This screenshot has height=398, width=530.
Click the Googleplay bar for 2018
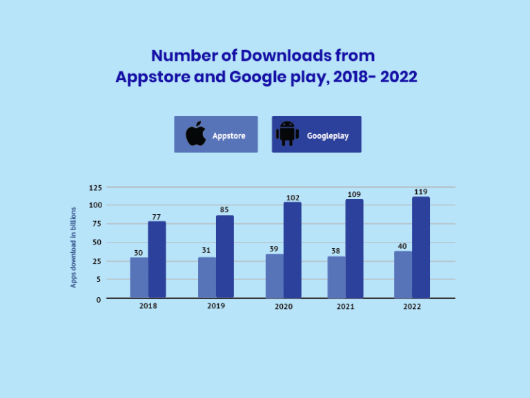tap(157, 259)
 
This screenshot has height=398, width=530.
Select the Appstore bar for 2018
tap(139, 278)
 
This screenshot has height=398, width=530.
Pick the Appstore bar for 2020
tap(275, 276)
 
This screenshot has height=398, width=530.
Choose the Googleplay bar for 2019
tap(225, 256)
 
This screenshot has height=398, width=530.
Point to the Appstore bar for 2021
tap(336, 277)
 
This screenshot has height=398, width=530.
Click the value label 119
tap(421, 191)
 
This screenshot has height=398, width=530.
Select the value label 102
tap(293, 198)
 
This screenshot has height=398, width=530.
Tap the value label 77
tap(157, 216)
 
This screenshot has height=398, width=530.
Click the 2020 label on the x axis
tap(283, 305)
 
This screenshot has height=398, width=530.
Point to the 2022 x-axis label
tap(412, 306)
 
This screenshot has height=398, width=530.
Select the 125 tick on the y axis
tap(95, 187)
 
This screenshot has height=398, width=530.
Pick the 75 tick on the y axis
tap(97, 224)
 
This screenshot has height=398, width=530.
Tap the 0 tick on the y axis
tap(99, 299)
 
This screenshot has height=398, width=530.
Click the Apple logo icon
tap(196, 134)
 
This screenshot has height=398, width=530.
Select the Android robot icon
tap(287, 134)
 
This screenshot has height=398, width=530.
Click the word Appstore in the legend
tap(228, 135)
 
